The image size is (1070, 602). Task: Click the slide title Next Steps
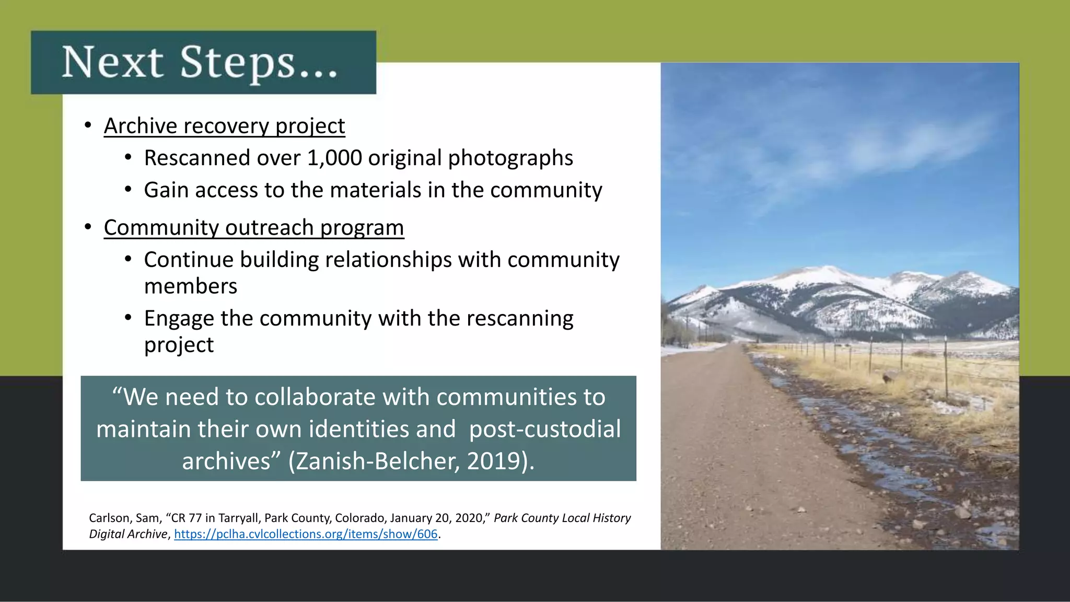(x=200, y=63)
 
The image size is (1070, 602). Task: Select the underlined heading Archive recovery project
(x=224, y=126)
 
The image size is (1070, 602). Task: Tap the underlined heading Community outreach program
(x=254, y=228)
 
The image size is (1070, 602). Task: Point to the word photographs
(x=510, y=158)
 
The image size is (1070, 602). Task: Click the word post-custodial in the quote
(x=545, y=429)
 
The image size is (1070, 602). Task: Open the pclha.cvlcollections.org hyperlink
(x=306, y=534)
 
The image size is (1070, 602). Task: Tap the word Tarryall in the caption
(x=238, y=518)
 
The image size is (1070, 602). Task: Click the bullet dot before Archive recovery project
(x=88, y=125)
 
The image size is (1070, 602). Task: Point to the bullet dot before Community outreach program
(x=88, y=227)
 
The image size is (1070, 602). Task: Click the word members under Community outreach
(x=191, y=286)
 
